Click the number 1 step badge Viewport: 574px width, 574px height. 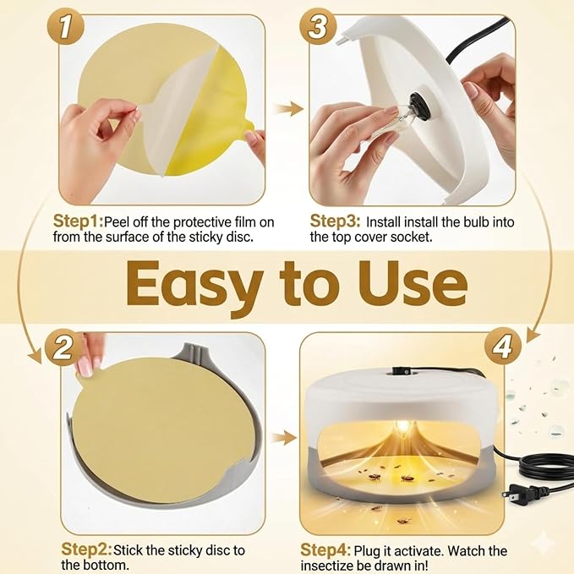pos(66,27)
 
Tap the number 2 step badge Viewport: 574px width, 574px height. pos(63,347)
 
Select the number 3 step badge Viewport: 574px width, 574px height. pos(318,26)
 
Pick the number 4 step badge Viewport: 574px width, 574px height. pos(503,346)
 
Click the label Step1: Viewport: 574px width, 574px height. pos(79,221)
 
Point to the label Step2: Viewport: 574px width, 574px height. pos(87,549)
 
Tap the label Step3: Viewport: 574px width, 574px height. pos(336,221)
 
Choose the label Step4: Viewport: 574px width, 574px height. pos(325,550)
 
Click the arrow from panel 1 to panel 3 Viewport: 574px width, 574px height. pos(288,109)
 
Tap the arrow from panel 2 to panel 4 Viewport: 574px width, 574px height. pos(283,438)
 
